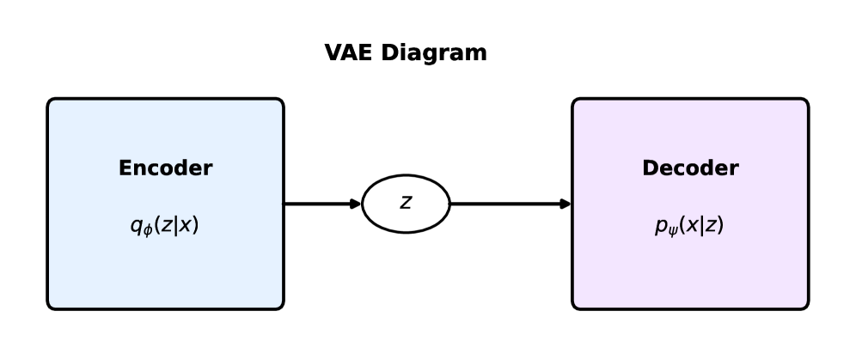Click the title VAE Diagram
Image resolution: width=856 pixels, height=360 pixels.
click(x=406, y=52)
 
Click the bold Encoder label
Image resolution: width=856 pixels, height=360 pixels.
click(x=165, y=168)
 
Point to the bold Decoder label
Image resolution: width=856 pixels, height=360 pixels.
click(x=689, y=168)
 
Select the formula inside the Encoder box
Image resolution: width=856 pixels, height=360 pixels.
click(x=164, y=226)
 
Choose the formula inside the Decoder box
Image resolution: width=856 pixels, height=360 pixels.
click(x=688, y=226)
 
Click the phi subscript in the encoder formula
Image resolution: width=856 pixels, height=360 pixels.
click(x=147, y=231)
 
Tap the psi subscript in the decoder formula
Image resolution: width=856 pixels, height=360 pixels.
click(x=671, y=231)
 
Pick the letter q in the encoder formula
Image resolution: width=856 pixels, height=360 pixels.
click(x=136, y=227)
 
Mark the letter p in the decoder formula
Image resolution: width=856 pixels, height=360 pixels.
click(x=660, y=227)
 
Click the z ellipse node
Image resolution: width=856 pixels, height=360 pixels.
click(x=406, y=204)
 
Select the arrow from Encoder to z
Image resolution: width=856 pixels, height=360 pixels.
click(x=321, y=204)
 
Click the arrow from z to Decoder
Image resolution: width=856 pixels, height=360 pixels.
click(x=509, y=204)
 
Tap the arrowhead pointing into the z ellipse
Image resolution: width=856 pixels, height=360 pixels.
click(x=356, y=204)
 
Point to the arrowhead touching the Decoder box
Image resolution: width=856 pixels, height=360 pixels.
click(x=566, y=204)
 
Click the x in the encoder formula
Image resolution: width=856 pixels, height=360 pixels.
click(x=187, y=226)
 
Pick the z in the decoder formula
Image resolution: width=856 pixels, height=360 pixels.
click(x=712, y=226)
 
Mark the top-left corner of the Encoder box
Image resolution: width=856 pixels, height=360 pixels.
click(x=49, y=100)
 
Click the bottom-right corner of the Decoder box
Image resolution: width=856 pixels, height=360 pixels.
click(x=807, y=308)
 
